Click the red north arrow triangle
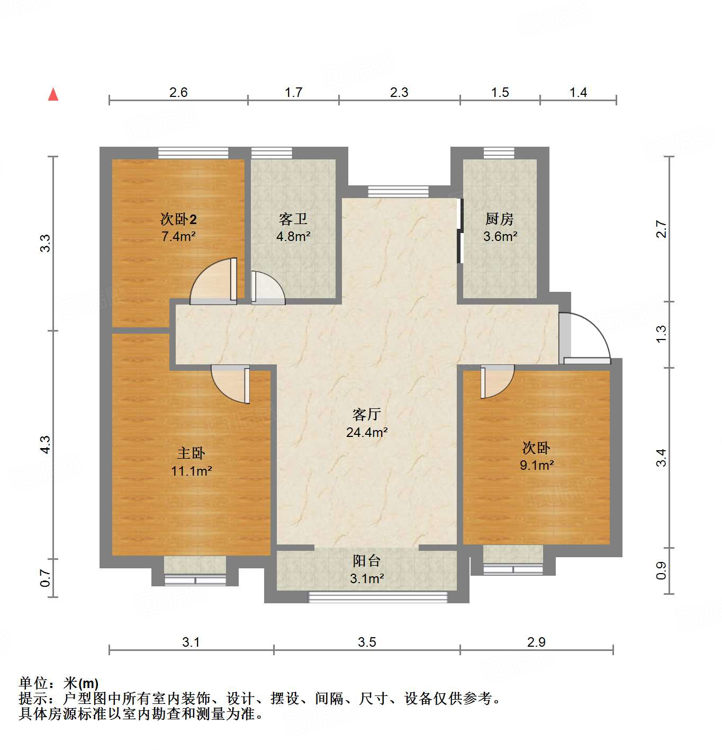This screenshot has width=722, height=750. (53, 95)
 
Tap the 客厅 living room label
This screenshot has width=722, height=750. (366, 414)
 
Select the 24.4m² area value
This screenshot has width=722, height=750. (367, 432)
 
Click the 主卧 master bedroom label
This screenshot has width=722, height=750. (191, 453)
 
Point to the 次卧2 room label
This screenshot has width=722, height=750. (178, 219)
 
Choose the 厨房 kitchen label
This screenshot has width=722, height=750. (499, 219)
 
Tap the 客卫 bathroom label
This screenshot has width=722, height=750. (293, 219)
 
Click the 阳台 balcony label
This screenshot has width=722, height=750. (366, 561)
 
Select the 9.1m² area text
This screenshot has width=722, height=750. (536, 465)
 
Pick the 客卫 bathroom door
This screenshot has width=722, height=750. (267, 288)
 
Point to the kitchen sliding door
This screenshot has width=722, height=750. (460, 231)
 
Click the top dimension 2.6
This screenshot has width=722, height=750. (178, 92)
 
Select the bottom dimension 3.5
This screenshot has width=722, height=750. (366, 642)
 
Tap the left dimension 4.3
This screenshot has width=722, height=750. (46, 444)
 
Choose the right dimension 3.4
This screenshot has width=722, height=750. (661, 457)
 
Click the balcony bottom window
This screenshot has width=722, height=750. (378, 597)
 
